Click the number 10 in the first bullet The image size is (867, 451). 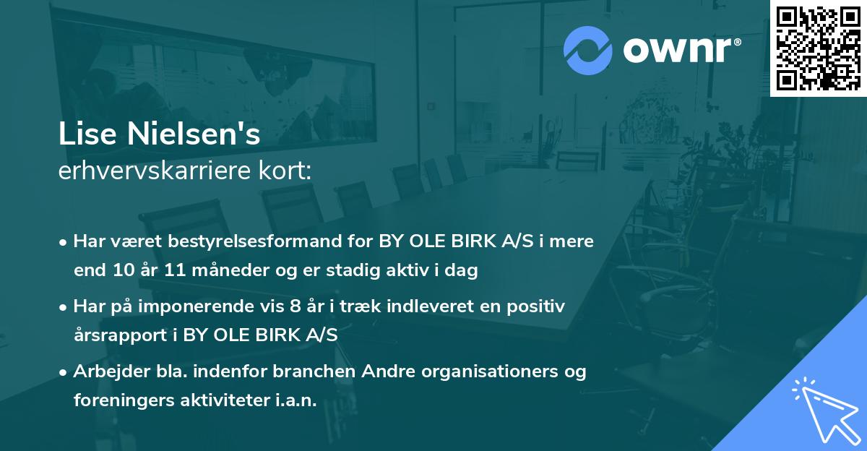pyautogui.click(x=121, y=271)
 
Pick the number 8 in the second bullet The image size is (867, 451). pyautogui.click(x=295, y=306)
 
